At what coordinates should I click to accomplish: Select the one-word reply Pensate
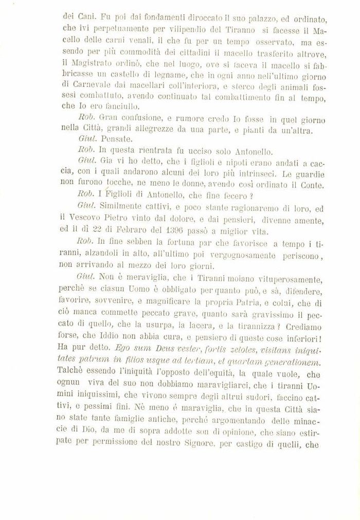click(117, 138)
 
